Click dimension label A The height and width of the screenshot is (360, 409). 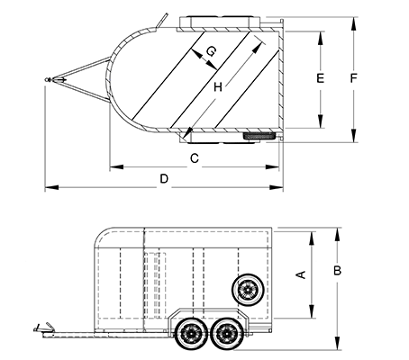click(x=301, y=274)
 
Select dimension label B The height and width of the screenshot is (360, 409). click(x=338, y=271)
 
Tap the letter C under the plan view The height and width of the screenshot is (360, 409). click(x=195, y=158)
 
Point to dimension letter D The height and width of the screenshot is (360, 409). click(x=164, y=179)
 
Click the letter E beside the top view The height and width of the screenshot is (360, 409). click(x=321, y=78)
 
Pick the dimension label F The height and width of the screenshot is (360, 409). click(x=354, y=78)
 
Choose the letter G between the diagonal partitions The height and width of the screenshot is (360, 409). click(x=211, y=51)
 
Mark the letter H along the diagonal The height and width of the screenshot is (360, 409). click(x=218, y=87)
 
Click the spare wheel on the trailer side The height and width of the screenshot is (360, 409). click(x=249, y=290)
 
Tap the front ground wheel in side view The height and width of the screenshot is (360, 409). click(x=191, y=333)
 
